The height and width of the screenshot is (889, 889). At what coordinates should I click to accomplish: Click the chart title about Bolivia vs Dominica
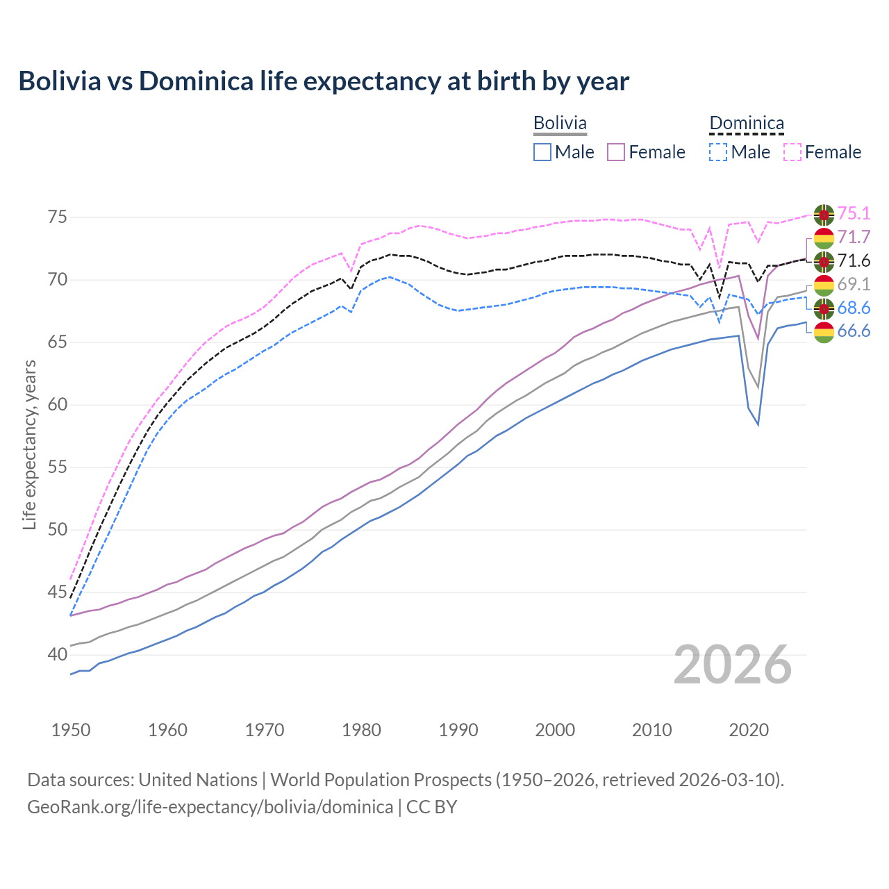324,81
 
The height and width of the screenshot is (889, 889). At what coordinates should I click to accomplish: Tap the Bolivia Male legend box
542,152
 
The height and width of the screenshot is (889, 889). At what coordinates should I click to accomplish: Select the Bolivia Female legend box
617,152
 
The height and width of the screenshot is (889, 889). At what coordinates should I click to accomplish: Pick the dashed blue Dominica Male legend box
718,152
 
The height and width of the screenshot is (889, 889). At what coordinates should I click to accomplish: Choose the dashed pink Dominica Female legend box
792,152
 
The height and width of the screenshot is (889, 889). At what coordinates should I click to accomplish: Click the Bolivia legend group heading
560,123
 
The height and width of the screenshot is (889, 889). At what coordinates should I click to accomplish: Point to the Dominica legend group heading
746,124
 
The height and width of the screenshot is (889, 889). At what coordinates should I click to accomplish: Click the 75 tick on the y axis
57,217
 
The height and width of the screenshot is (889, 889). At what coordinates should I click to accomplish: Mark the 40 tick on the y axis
57,654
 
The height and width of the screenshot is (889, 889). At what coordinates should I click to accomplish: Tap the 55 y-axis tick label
57,467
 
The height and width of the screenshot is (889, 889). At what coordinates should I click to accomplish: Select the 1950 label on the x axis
71,730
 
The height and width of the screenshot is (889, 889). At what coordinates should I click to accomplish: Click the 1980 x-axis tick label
362,730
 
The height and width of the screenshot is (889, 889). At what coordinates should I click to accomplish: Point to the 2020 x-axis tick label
749,730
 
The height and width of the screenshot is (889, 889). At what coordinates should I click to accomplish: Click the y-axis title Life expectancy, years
29,444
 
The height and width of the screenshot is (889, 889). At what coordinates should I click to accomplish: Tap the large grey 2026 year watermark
733,665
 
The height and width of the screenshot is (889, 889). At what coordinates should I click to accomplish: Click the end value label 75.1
854,213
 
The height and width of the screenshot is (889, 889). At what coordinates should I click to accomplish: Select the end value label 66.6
854,331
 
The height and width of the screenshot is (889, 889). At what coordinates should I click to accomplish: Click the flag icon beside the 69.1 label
824,285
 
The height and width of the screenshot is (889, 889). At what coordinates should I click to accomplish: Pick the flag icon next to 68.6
824,308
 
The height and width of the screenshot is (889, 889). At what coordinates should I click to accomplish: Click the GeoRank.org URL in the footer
210,807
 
